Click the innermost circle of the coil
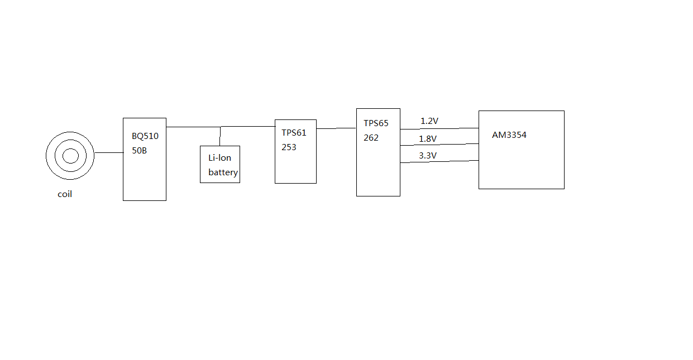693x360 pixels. (x=70, y=156)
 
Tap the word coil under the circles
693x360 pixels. (x=65, y=194)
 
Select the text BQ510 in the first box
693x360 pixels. (x=145, y=136)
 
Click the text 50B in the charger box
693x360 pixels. (x=140, y=150)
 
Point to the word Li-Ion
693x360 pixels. (x=220, y=158)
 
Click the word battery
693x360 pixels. (x=223, y=172)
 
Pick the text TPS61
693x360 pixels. (x=294, y=133)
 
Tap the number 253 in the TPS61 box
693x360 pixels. (x=289, y=147)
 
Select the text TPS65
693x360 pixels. (x=376, y=123)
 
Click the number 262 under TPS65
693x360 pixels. (x=371, y=138)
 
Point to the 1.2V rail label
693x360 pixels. (x=429, y=121)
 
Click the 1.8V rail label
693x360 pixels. (x=428, y=138)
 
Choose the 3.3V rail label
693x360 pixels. (x=428, y=156)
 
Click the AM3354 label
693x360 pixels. (x=509, y=135)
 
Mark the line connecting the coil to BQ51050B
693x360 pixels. (x=109, y=152)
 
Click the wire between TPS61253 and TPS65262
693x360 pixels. (x=336, y=128)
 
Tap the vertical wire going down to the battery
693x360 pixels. (x=220, y=136)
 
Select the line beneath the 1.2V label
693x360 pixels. (x=439, y=128)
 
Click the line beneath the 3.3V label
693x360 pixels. (x=439, y=162)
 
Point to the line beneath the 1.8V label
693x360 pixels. (x=439, y=145)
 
